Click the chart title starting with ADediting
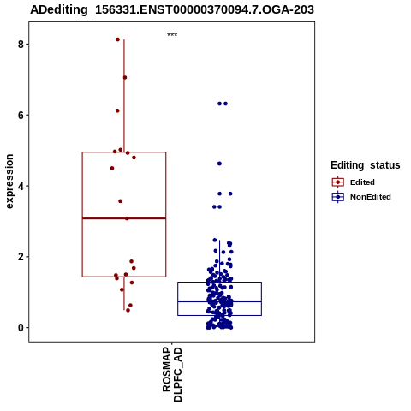click(x=172, y=9)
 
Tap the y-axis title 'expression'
click(x=9, y=182)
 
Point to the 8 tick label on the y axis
click(x=21, y=44)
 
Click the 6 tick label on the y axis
click(x=21, y=115)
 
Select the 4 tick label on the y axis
click(x=21, y=186)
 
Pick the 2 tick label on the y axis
click(x=21, y=257)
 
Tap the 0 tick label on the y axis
click(x=21, y=328)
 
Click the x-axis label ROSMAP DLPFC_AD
click(x=172, y=374)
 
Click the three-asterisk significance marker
click(x=172, y=35)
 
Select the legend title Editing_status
click(x=366, y=165)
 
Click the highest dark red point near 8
click(x=117, y=39)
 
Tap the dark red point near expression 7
click(x=125, y=77)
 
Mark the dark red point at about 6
click(x=117, y=110)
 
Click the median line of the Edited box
click(x=124, y=218)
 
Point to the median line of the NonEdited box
click(x=219, y=301)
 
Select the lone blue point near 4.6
click(x=219, y=164)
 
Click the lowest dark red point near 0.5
click(x=128, y=310)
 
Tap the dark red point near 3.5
click(x=120, y=201)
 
